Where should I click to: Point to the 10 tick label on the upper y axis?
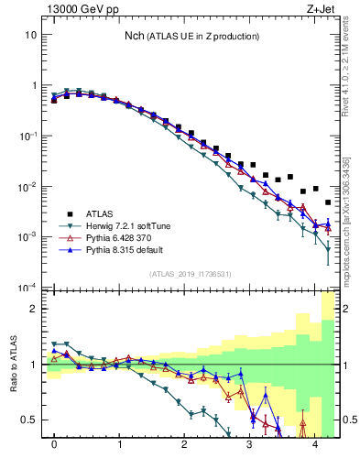[x=30, y=35]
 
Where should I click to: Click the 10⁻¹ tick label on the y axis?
[x=28, y=136]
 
